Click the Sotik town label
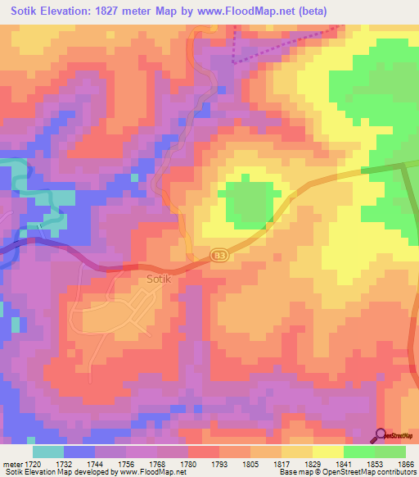159,279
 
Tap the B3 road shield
217,256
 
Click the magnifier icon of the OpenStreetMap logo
380,434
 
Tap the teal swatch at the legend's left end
47,452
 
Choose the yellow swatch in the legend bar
327,452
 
